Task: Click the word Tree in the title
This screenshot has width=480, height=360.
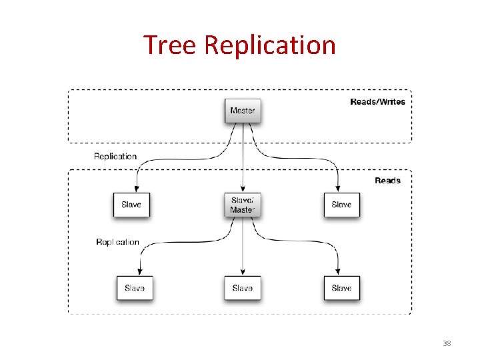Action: (x=171, y=45)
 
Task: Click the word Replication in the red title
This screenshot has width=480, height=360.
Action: (x=270, y=45)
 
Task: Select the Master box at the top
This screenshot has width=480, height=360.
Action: (x=243, y=111)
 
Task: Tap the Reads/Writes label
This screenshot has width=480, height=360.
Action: (x=377, y=102)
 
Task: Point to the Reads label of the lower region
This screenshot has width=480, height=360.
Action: (x=387, y=181)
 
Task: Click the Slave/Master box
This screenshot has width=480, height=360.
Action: (x=243, y=205)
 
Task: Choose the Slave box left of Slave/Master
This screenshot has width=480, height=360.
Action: (x=131, y=205)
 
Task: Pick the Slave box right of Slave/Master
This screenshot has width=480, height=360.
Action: (x=341, y=205)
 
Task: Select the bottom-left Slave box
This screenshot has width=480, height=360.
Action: (x=135, y=288)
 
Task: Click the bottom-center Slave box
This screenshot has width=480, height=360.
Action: (x=243, y=288)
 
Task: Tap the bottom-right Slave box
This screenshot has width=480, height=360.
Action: (x=341, y=288)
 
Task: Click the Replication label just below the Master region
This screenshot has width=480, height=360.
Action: (x=115, y=157)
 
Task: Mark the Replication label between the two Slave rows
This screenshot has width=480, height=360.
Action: (x=117, y=242)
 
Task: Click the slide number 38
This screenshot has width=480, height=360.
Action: (x=447, y=343)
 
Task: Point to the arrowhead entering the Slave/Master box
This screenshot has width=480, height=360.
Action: (x=243, y=189)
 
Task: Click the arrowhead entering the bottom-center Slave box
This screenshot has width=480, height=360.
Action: (x=243, y=272)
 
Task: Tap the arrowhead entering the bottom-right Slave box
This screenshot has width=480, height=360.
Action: (x=338, y=272)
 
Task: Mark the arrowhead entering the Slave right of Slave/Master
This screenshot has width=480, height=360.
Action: (x=338, y=189)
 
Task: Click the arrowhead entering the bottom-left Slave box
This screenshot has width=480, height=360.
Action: (x=140, y=272)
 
